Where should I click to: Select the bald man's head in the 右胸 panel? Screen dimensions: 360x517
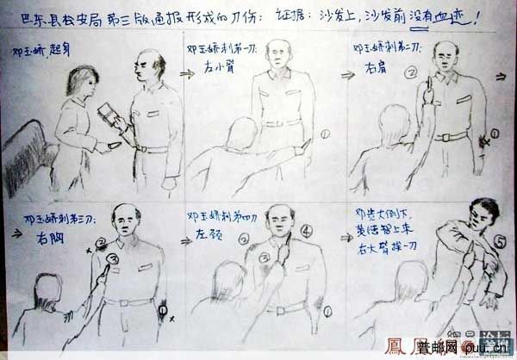coord(128,221)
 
